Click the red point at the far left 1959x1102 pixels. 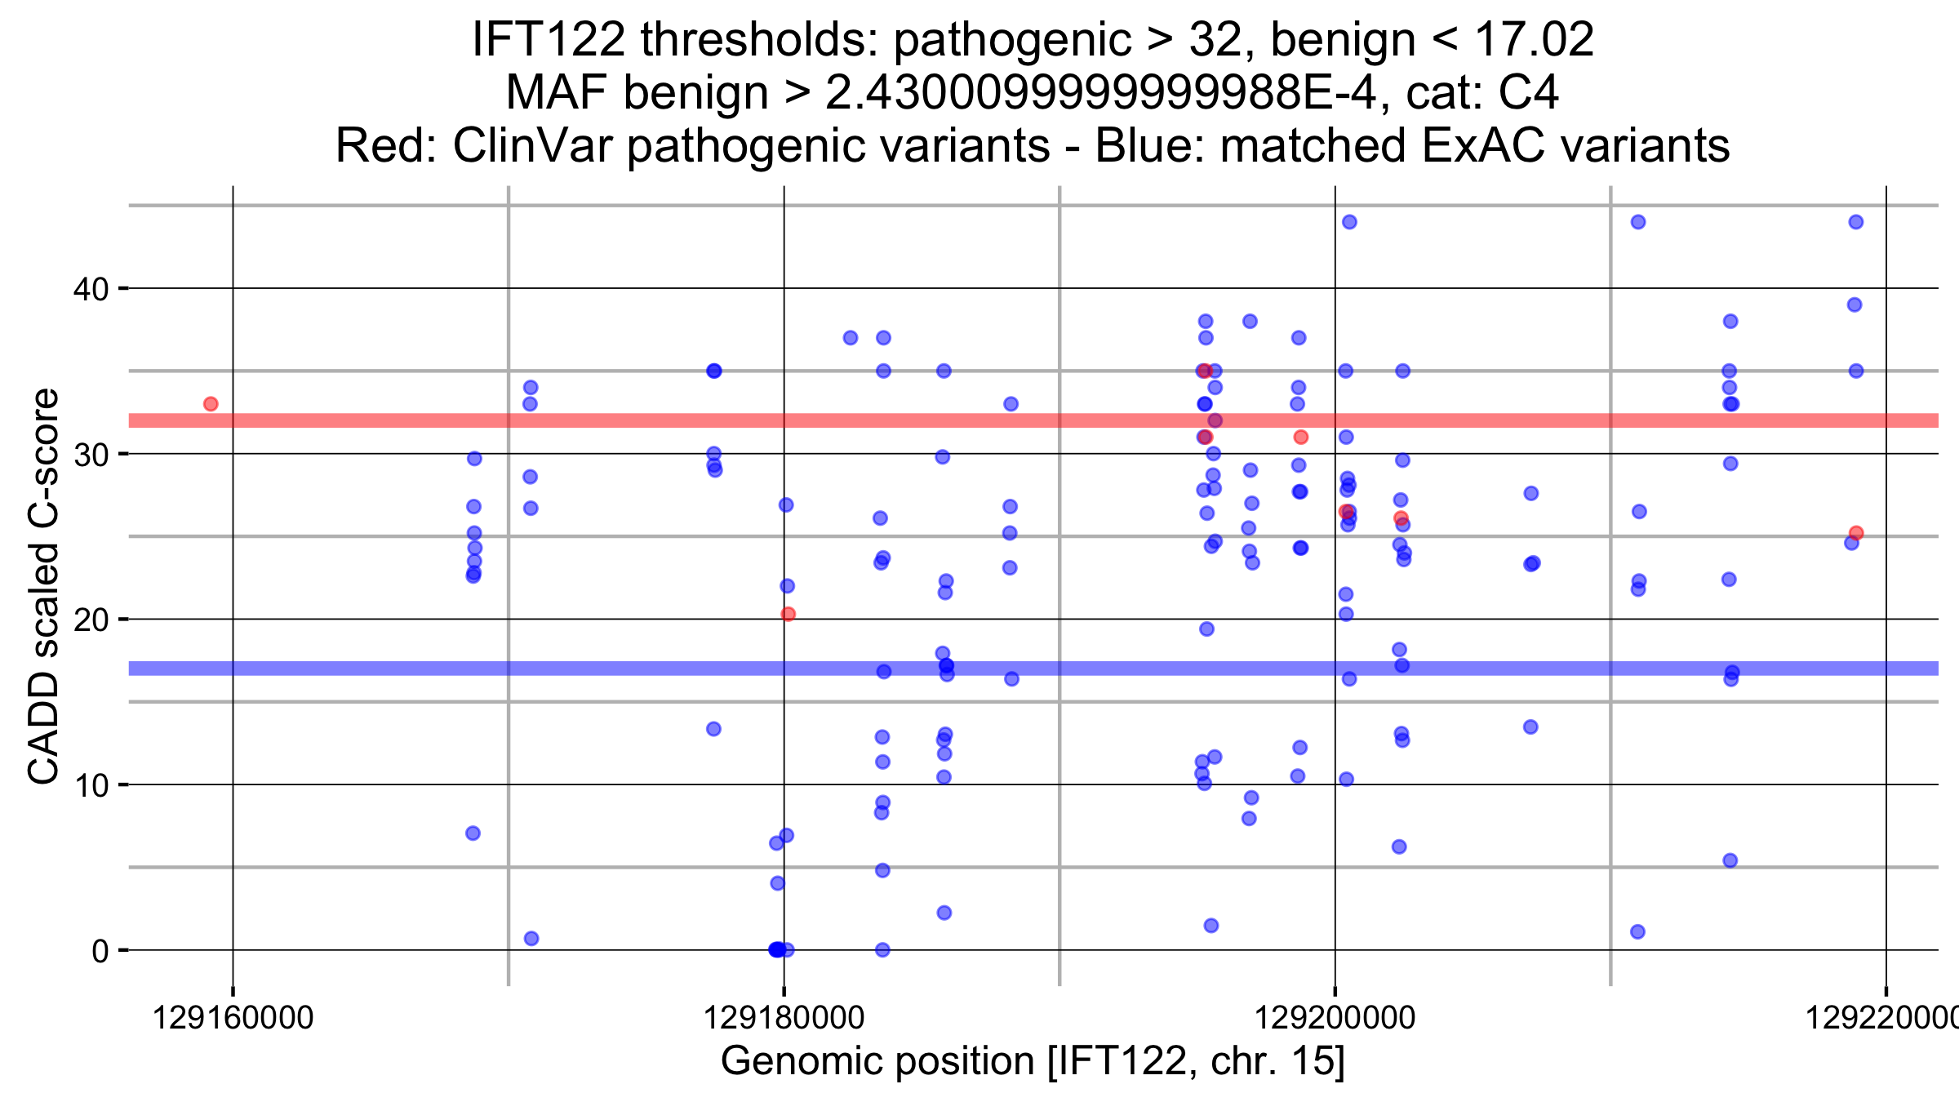point(211,404)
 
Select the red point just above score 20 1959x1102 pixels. point(788,614)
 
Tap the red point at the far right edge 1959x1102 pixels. point(1856,533)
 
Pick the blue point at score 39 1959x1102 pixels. point(1855,304)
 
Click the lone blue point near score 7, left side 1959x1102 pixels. point(473,833)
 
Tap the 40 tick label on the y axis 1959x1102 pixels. point(91,289)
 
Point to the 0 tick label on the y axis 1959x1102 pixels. point(100,951)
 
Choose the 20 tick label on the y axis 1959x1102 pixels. point(91,620)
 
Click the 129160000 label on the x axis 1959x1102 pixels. point(233,1018)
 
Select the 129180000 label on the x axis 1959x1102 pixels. point(784,1018)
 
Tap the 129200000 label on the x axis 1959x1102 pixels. point(1335,1018)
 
